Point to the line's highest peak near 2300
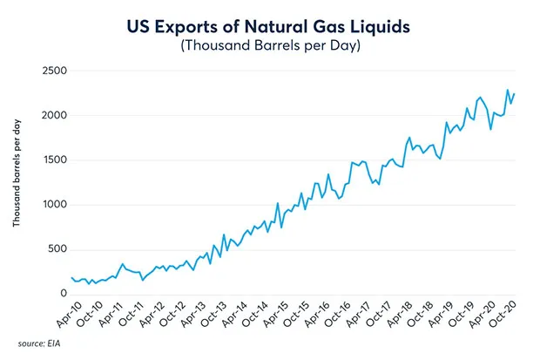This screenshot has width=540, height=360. [507, 90]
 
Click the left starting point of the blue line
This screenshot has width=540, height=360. [71, 278]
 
